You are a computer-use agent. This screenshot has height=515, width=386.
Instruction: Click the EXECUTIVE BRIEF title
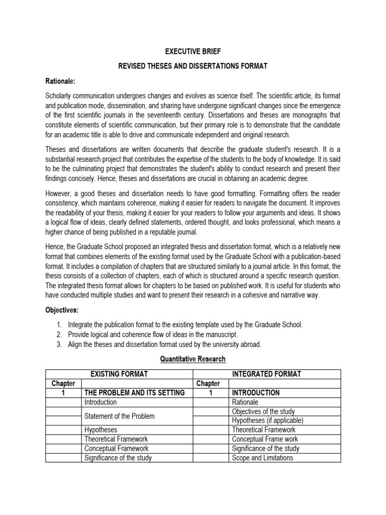193,51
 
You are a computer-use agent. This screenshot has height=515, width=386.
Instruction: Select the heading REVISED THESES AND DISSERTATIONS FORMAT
193,65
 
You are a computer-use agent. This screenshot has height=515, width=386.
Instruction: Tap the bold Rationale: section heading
61,80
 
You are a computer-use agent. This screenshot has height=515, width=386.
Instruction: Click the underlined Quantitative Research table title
193,359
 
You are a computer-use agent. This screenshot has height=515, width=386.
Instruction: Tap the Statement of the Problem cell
120,416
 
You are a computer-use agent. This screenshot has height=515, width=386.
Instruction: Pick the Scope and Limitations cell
262,458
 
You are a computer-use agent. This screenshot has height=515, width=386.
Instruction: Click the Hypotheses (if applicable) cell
267,420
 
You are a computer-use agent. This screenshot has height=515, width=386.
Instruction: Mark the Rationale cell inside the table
245,402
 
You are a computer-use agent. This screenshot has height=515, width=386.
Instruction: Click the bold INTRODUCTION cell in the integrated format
255,393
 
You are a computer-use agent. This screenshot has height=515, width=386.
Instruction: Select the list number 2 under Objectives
59,334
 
